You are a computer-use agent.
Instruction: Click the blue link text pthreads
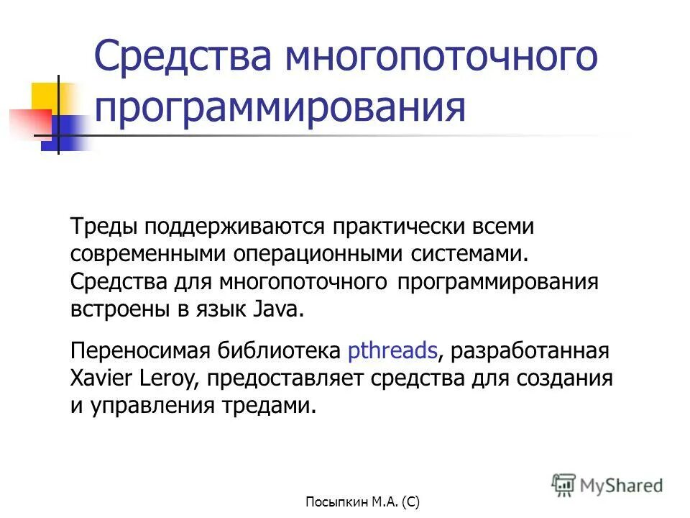pyautogui.click(x=392, y=352)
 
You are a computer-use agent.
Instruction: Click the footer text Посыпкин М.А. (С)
pyautogui.click(x=363, y=501)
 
